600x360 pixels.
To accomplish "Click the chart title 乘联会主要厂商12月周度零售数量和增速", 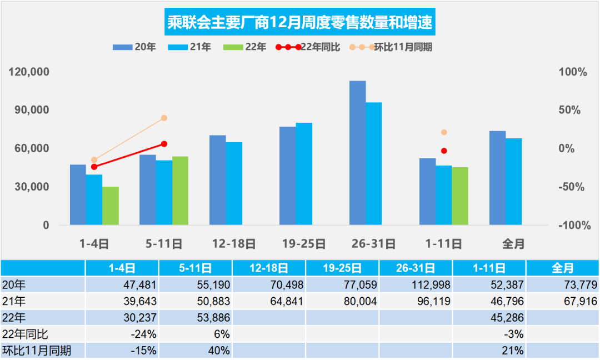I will [300, 23].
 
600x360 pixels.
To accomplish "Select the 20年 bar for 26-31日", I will [357, 153].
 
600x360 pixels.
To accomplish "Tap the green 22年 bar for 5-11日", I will [180, 191].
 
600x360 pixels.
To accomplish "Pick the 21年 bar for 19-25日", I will [304, 174].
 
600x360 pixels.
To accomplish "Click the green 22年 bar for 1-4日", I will [111, 206].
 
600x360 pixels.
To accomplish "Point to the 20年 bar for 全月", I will [497, 178].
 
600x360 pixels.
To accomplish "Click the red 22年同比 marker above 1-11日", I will [444, 151].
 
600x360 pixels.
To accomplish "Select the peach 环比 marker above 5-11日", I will [164, 118].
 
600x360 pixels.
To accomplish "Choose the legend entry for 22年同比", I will [308, 47].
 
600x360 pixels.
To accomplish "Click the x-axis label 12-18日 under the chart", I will [234, 243].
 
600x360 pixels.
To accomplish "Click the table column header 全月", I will [562, 268].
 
